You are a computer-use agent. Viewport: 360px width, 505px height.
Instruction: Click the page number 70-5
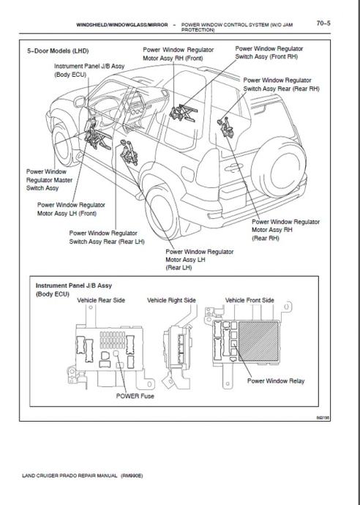click(x=323, y=23)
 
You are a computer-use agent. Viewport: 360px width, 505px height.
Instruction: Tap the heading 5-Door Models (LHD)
click(x=58, y=51)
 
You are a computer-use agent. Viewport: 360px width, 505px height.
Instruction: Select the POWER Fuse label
click(x=135, y=396)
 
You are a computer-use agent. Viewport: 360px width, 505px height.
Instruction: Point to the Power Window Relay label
click(x=276, y=381)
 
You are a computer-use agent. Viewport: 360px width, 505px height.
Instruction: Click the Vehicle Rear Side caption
click(x=101, y=300)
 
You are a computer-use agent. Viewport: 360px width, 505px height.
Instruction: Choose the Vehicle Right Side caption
click(x=171, y=300)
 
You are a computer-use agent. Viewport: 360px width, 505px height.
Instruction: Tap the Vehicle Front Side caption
click(x=250, y=300)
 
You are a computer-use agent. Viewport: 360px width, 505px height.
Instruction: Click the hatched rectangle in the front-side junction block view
click(x=258, y=341)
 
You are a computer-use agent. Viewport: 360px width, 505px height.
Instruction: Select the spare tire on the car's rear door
click(x=279, y=170)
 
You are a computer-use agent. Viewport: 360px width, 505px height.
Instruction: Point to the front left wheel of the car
click(x=63, y=144)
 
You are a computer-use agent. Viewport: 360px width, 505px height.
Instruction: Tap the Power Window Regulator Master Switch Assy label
click(x=49, y=180)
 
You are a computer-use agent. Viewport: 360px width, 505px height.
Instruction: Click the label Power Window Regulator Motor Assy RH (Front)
click(x=178, y=53)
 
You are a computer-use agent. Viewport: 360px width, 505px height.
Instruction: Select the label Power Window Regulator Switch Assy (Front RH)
click(x=269, y=53)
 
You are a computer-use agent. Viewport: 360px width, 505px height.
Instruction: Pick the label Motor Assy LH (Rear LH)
click(x=199, y=260)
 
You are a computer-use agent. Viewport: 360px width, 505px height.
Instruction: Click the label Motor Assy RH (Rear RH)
click(x=285, y=230)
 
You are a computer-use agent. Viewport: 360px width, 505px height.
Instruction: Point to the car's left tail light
click(x=208, y=168)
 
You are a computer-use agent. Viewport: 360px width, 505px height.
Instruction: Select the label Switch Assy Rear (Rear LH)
click(x=107, y=242)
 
